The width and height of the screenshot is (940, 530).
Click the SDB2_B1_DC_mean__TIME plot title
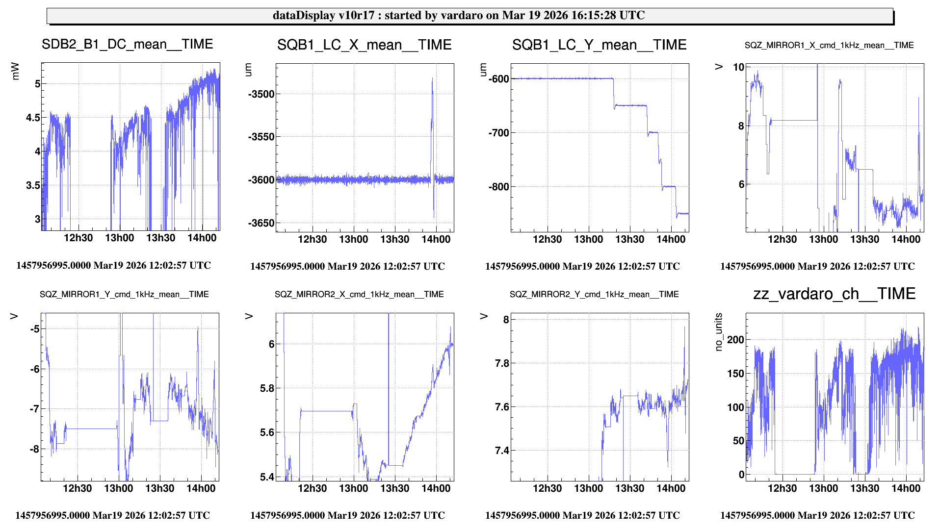point(127,44)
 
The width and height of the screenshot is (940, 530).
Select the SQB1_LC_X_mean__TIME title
point(364,45)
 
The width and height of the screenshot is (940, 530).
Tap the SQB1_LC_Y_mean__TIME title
point(599,45)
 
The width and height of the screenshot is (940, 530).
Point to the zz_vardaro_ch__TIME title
point(834,294)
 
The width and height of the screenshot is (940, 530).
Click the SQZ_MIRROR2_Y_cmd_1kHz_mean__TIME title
point(594,294)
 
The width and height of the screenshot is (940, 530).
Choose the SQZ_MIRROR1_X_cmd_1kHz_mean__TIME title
point(829,46)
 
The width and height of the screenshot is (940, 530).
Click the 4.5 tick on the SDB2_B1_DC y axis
point(33,118)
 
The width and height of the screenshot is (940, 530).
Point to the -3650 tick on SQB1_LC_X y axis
point(261,223)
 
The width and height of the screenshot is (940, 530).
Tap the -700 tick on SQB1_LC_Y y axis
point(499,133)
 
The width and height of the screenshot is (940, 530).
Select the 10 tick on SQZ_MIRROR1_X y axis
point(738,67)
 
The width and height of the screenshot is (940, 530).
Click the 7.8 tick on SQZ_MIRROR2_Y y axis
point(502,363)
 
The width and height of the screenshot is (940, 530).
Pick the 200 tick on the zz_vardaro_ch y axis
point(735,340)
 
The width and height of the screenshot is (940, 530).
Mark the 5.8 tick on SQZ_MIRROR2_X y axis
point(267,389)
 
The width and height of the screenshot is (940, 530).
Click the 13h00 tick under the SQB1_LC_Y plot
point(588,239)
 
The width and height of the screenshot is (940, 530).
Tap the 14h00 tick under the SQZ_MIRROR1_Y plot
point(201,488)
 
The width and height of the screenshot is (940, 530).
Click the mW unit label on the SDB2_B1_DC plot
point(15,71)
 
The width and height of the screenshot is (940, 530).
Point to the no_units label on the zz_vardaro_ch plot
point(719,332)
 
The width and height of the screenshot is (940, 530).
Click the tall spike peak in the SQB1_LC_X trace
point(432,78)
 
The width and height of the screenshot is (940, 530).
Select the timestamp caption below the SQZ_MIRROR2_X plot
point(347,515)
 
